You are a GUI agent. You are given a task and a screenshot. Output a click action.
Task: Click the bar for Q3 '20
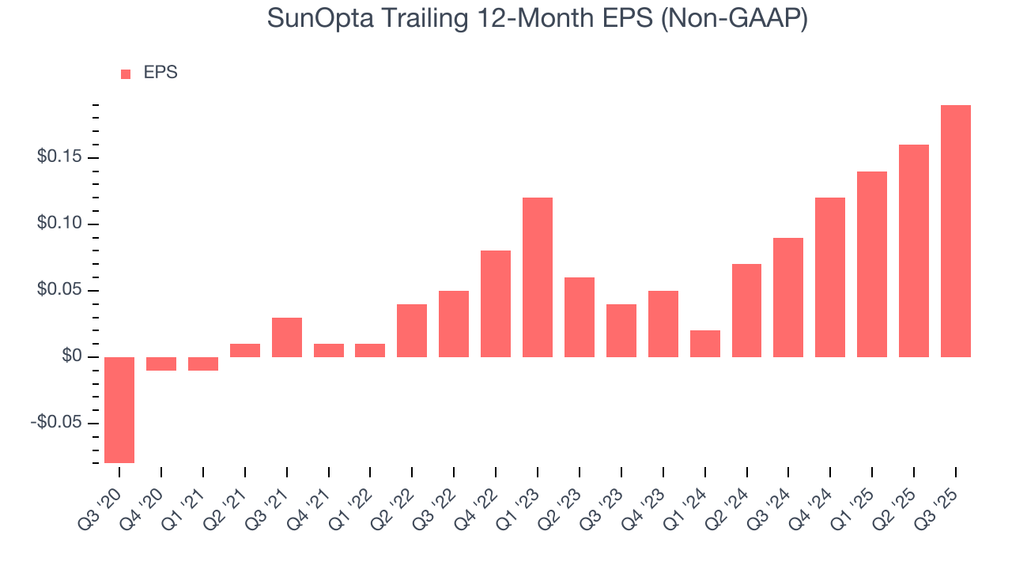[119, 409]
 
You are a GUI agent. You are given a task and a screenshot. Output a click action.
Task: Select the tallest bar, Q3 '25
[955, 231]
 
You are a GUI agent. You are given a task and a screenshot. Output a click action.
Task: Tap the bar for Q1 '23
[538, 277]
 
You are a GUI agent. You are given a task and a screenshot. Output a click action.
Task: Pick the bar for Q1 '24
[704, 344]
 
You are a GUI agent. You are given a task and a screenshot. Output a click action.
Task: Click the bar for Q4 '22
[496, 303]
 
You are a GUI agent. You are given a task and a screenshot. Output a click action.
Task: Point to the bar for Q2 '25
[913, 251]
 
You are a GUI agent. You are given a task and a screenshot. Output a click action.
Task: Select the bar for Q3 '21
[287, 337]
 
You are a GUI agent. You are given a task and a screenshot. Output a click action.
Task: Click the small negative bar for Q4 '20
[161, 364]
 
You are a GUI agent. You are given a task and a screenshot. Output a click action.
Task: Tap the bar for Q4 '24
[830, 277]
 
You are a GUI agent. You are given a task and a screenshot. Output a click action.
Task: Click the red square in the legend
[126, 74]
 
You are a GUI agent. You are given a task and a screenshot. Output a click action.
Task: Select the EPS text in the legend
[160, 73]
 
